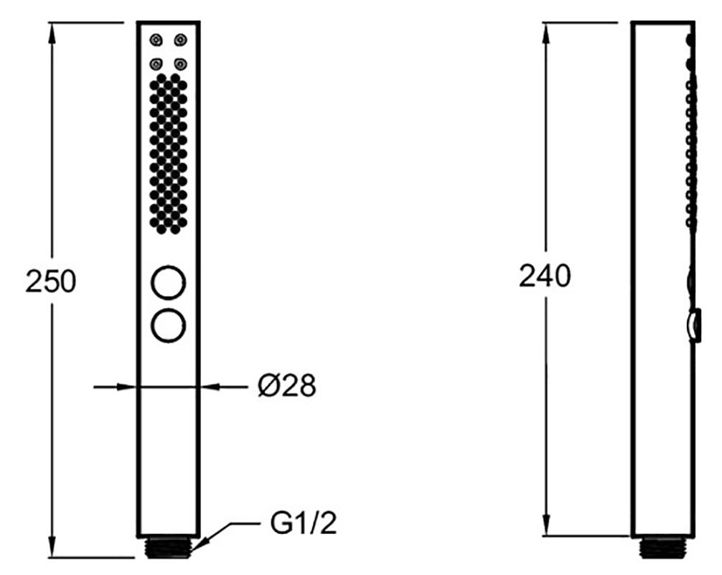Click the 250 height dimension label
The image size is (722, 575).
[51, 281]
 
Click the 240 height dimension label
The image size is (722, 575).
[545, 276]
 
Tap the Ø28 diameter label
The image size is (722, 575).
[287, 385]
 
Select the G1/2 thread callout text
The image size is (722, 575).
[304, 523]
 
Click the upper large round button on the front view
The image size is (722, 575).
[169, 282]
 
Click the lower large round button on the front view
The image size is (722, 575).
[169, 326]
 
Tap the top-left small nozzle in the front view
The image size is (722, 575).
[156, 40]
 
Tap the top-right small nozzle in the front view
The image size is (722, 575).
[181, 40]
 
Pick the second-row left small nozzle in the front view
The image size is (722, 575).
[156, 64]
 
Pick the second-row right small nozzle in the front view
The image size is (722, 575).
[181, 64]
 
